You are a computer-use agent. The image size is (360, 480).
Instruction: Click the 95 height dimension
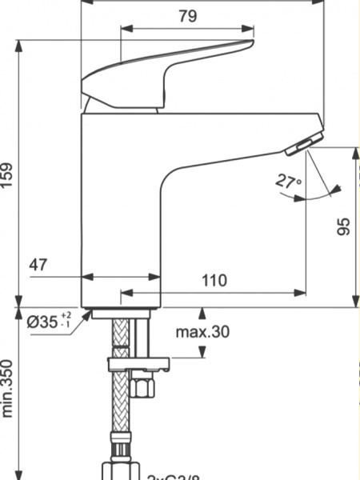coord(344,226)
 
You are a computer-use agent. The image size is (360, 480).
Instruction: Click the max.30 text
coord(203,330)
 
